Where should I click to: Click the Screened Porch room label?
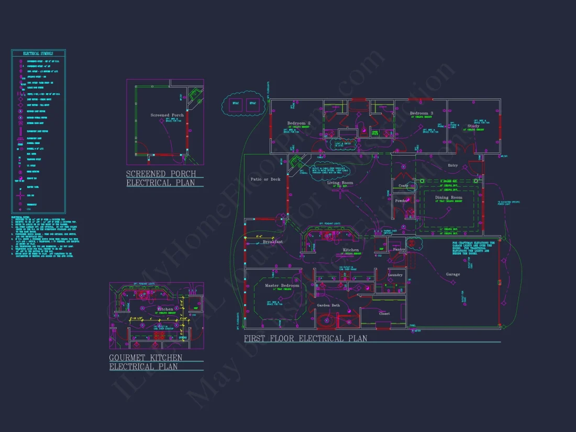167,115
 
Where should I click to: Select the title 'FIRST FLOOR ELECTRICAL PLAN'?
305,339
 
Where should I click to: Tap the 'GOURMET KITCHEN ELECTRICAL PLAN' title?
146,362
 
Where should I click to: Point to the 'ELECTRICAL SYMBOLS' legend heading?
38,53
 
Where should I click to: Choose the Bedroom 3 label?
421,113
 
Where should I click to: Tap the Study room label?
473,126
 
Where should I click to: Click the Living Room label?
340,183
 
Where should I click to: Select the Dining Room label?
449,197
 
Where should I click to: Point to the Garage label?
453,274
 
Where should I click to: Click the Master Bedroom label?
282,285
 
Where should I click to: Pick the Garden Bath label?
328,305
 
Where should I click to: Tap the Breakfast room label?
273,242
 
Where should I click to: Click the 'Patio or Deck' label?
265,179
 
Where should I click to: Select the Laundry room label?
395,274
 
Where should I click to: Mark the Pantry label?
400,249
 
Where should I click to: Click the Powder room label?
402,201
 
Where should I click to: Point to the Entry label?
452,165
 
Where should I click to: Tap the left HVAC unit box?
236,103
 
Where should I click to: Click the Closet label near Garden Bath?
384,314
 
